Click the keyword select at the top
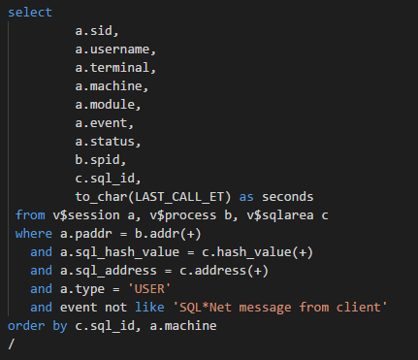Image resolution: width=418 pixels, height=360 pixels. pos(30,13)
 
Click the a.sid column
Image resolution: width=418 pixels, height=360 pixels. pos(93,31)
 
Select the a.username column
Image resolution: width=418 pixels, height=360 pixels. pos(113,49)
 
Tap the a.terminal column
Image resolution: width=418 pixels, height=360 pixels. pos(113,68)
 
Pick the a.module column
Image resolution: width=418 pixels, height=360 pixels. pos(105,105)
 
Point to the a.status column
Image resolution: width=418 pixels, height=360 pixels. pos(105,142)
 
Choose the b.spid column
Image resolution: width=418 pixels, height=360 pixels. pos(97,160)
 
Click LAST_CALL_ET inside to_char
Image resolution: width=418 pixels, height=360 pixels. pos(179,197)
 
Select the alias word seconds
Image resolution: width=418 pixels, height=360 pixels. pos(287,197)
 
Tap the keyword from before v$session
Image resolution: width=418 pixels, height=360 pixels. pos(30,215)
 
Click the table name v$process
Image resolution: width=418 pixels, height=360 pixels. pos(183,215)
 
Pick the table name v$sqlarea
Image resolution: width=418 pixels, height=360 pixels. pos(280,215)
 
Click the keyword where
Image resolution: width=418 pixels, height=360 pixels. pos(34,234)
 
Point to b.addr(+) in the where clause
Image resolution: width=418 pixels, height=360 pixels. pos(168,234)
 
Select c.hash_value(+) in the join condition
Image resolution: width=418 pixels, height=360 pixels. pos(258,252)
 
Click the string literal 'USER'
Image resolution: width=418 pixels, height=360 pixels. pos(149,289)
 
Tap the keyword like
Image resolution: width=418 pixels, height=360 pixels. pos(149,308)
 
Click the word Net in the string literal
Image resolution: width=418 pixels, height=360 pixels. pos(220,308)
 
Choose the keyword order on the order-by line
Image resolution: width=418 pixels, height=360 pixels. pos(26,326)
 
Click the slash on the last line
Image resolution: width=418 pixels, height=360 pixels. pos(12,344)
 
